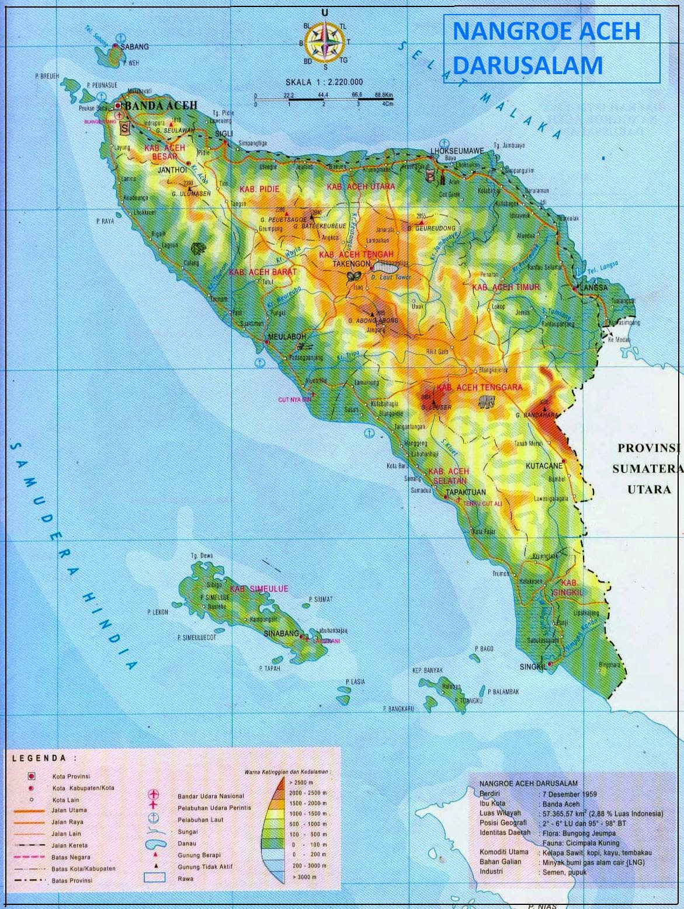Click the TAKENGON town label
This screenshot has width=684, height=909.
click(351, 264)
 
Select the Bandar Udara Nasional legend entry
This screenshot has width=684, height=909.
click(211, 796)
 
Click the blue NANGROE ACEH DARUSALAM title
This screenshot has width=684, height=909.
click(546, 47)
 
